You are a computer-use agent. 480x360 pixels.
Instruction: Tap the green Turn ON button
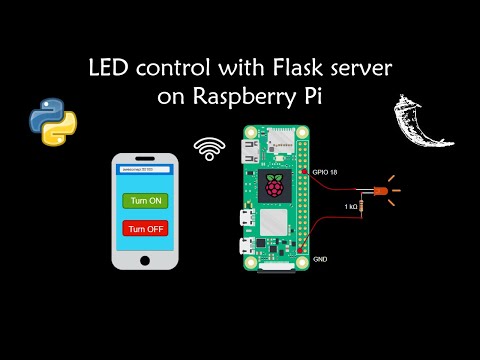click(145, 200)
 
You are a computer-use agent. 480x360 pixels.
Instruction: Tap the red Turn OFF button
click(145, 227)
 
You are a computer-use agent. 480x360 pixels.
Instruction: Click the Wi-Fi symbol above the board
click(210, 149)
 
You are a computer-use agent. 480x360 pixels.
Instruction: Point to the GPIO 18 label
click(327, 171)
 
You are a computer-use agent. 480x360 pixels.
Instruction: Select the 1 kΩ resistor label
click(351, 206)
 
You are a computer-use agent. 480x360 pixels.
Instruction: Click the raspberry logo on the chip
click(274, 184)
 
